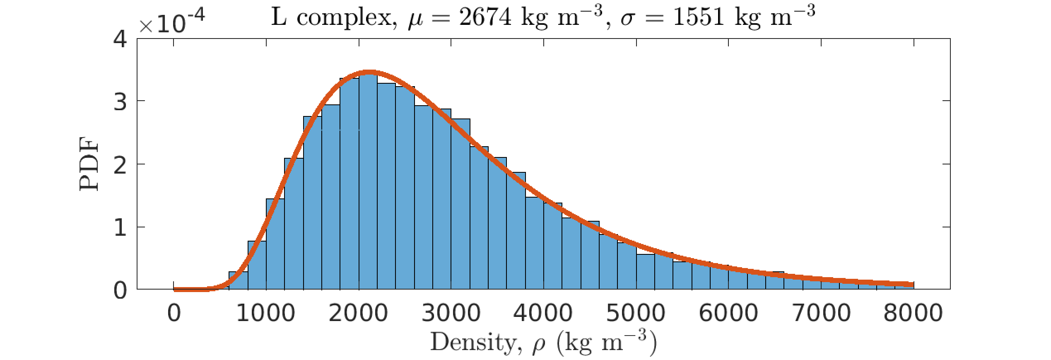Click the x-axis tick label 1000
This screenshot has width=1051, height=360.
(265, 313)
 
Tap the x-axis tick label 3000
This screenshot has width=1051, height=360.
(451, 313)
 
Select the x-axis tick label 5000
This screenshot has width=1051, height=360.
(636, 313)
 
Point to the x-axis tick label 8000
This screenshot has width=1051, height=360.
(914, 313)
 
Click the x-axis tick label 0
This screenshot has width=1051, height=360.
(174, 313)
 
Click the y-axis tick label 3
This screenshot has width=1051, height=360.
(120, 101)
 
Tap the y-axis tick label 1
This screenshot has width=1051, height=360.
(120, 227)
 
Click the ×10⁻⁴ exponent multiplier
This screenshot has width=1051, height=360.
(171, 23)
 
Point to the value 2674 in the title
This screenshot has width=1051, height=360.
(485, 18)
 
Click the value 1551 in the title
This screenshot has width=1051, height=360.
(699, 18)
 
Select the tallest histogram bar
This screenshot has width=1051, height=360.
(368, 182)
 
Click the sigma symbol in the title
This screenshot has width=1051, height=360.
(628, 19)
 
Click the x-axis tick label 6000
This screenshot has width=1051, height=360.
(728, 313)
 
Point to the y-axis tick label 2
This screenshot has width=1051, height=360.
(120, 165)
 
